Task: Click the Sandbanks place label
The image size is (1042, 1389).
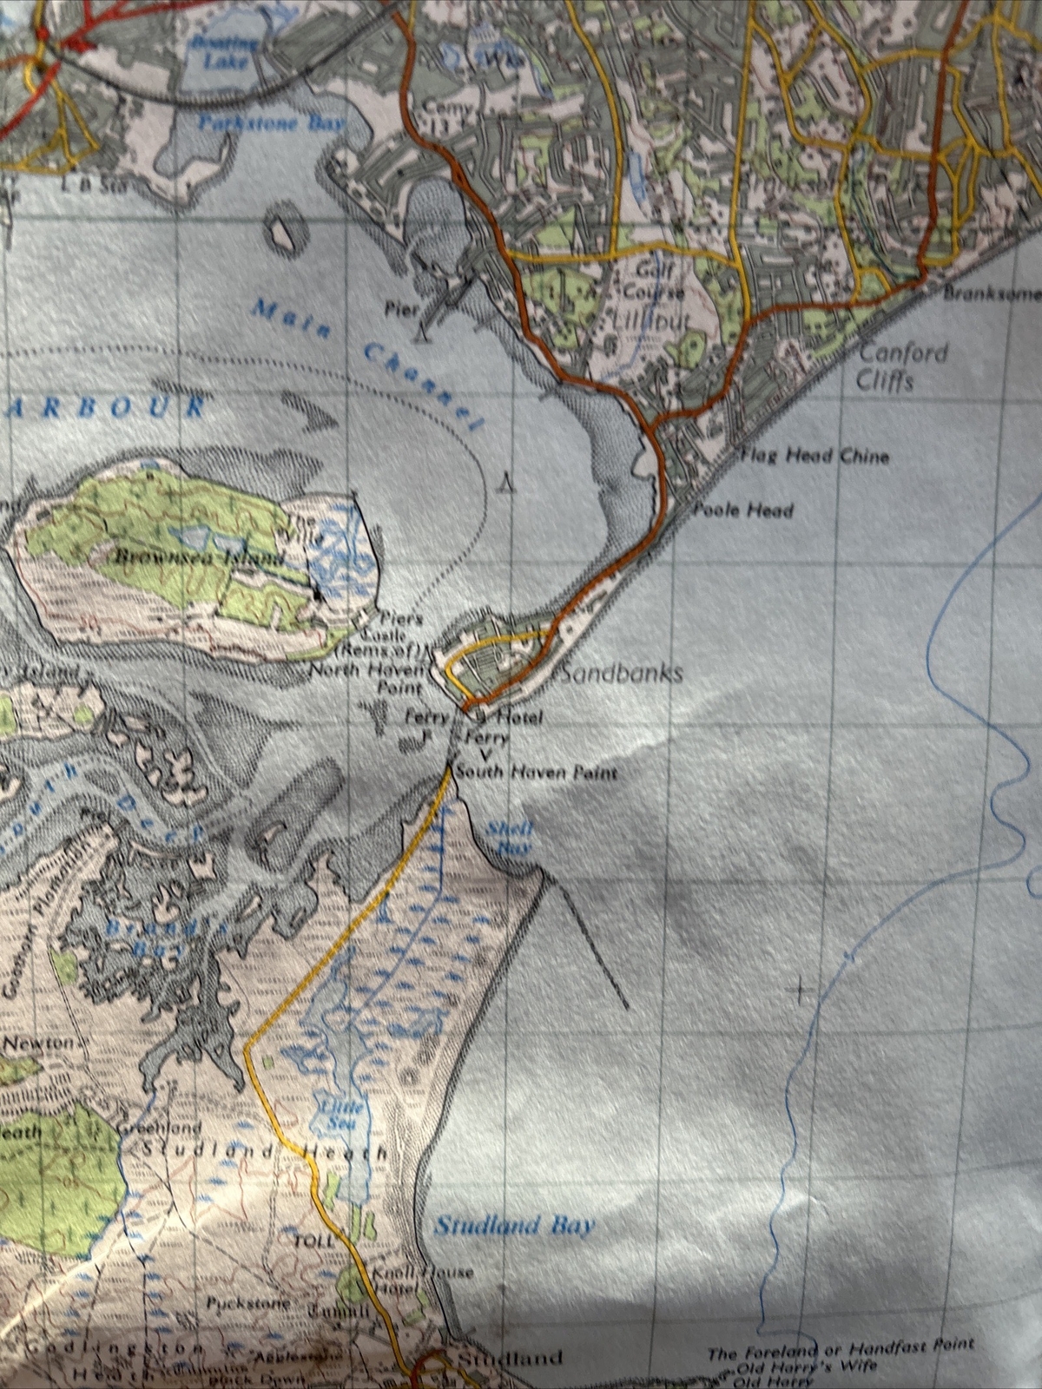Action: tap(623, 674)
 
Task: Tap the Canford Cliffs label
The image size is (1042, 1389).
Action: tap(891, 366)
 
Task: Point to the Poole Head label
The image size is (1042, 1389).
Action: tap(742, 510)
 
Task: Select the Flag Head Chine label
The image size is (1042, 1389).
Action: tap(814, 456)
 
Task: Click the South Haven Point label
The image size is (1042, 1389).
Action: tap(535, 772)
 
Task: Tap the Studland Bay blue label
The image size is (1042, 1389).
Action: tap(514, 1226)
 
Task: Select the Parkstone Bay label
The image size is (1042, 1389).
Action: tap(271, 122)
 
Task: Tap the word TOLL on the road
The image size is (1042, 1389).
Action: tap(313, 1241)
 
